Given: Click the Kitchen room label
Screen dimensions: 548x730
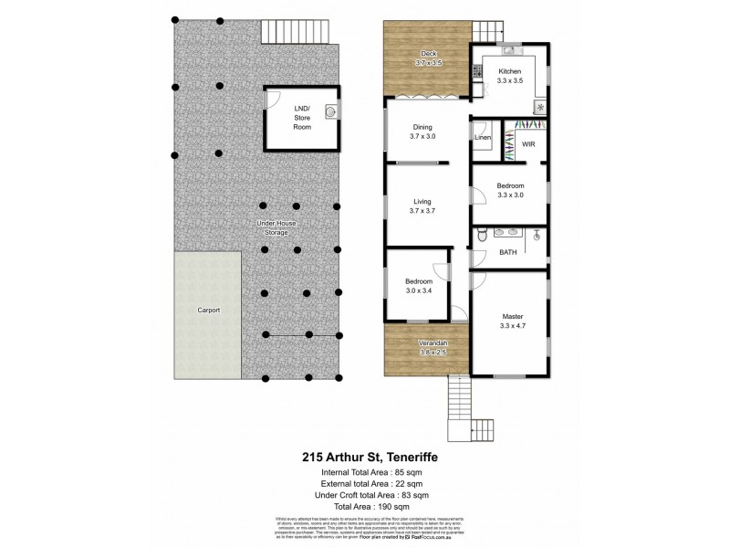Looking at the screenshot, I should pyautogui.click(x=510, y=70).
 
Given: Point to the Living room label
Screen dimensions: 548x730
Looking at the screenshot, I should pyautogui.click(x=421, y=201).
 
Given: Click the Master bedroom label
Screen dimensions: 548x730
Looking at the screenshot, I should pyautogui.click(x=512, y=317).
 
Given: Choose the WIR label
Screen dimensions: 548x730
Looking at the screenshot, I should pyautogui.click(x=528, y=143).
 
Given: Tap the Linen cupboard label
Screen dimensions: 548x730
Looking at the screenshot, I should pyautogui.click(x=484, y=138).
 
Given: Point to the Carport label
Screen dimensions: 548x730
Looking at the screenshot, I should pyautogui.click(x=208, y=311).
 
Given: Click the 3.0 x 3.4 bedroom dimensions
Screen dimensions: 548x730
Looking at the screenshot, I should pyautogui.click(x=421, y=291).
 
